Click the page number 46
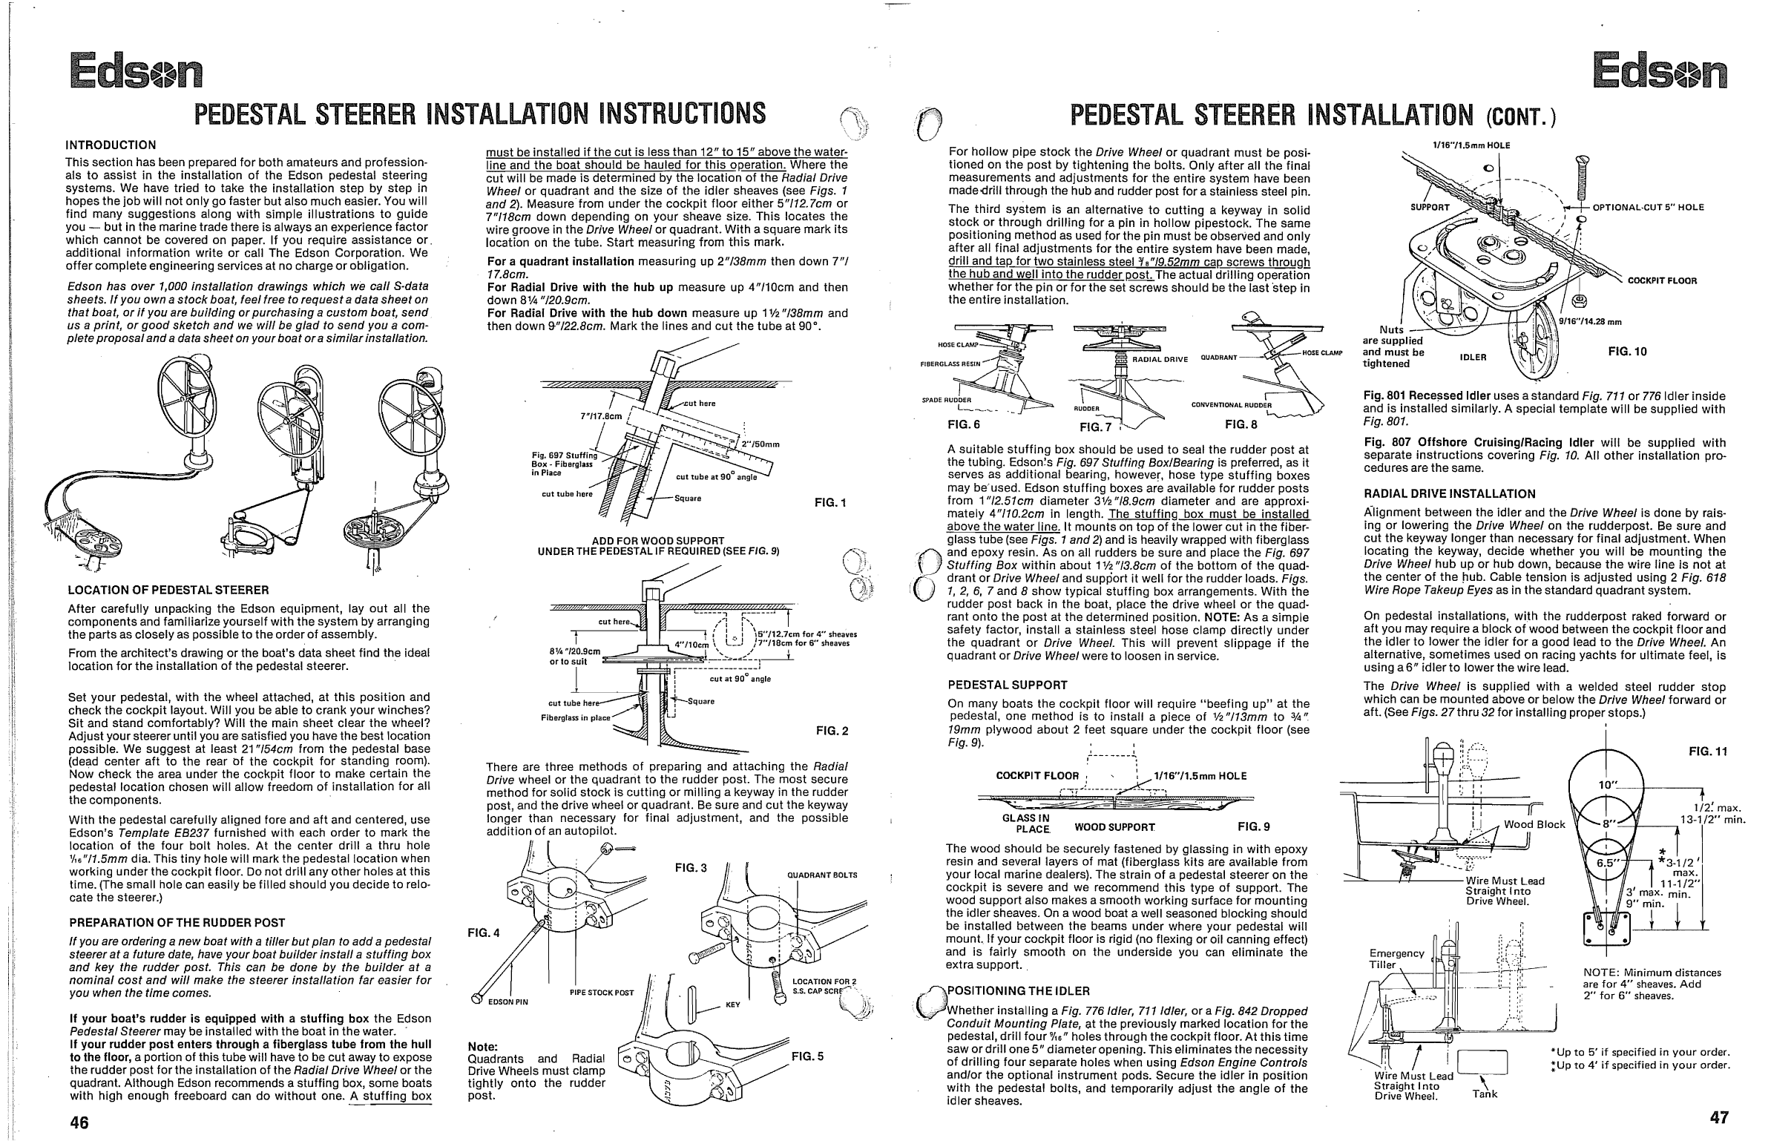pos(79,1122)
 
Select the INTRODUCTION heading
pos(111,145)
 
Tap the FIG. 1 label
pos(830,503)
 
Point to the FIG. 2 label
pos(831,731)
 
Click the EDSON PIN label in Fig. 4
pos(507,1002)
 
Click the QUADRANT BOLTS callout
pos(822,875)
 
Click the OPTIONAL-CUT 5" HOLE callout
pos(1649,207)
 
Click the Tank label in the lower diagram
pos(1485,1094)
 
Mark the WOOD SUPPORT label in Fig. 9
pos(1114,826)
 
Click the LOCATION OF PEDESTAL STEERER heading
pos(168,590)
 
